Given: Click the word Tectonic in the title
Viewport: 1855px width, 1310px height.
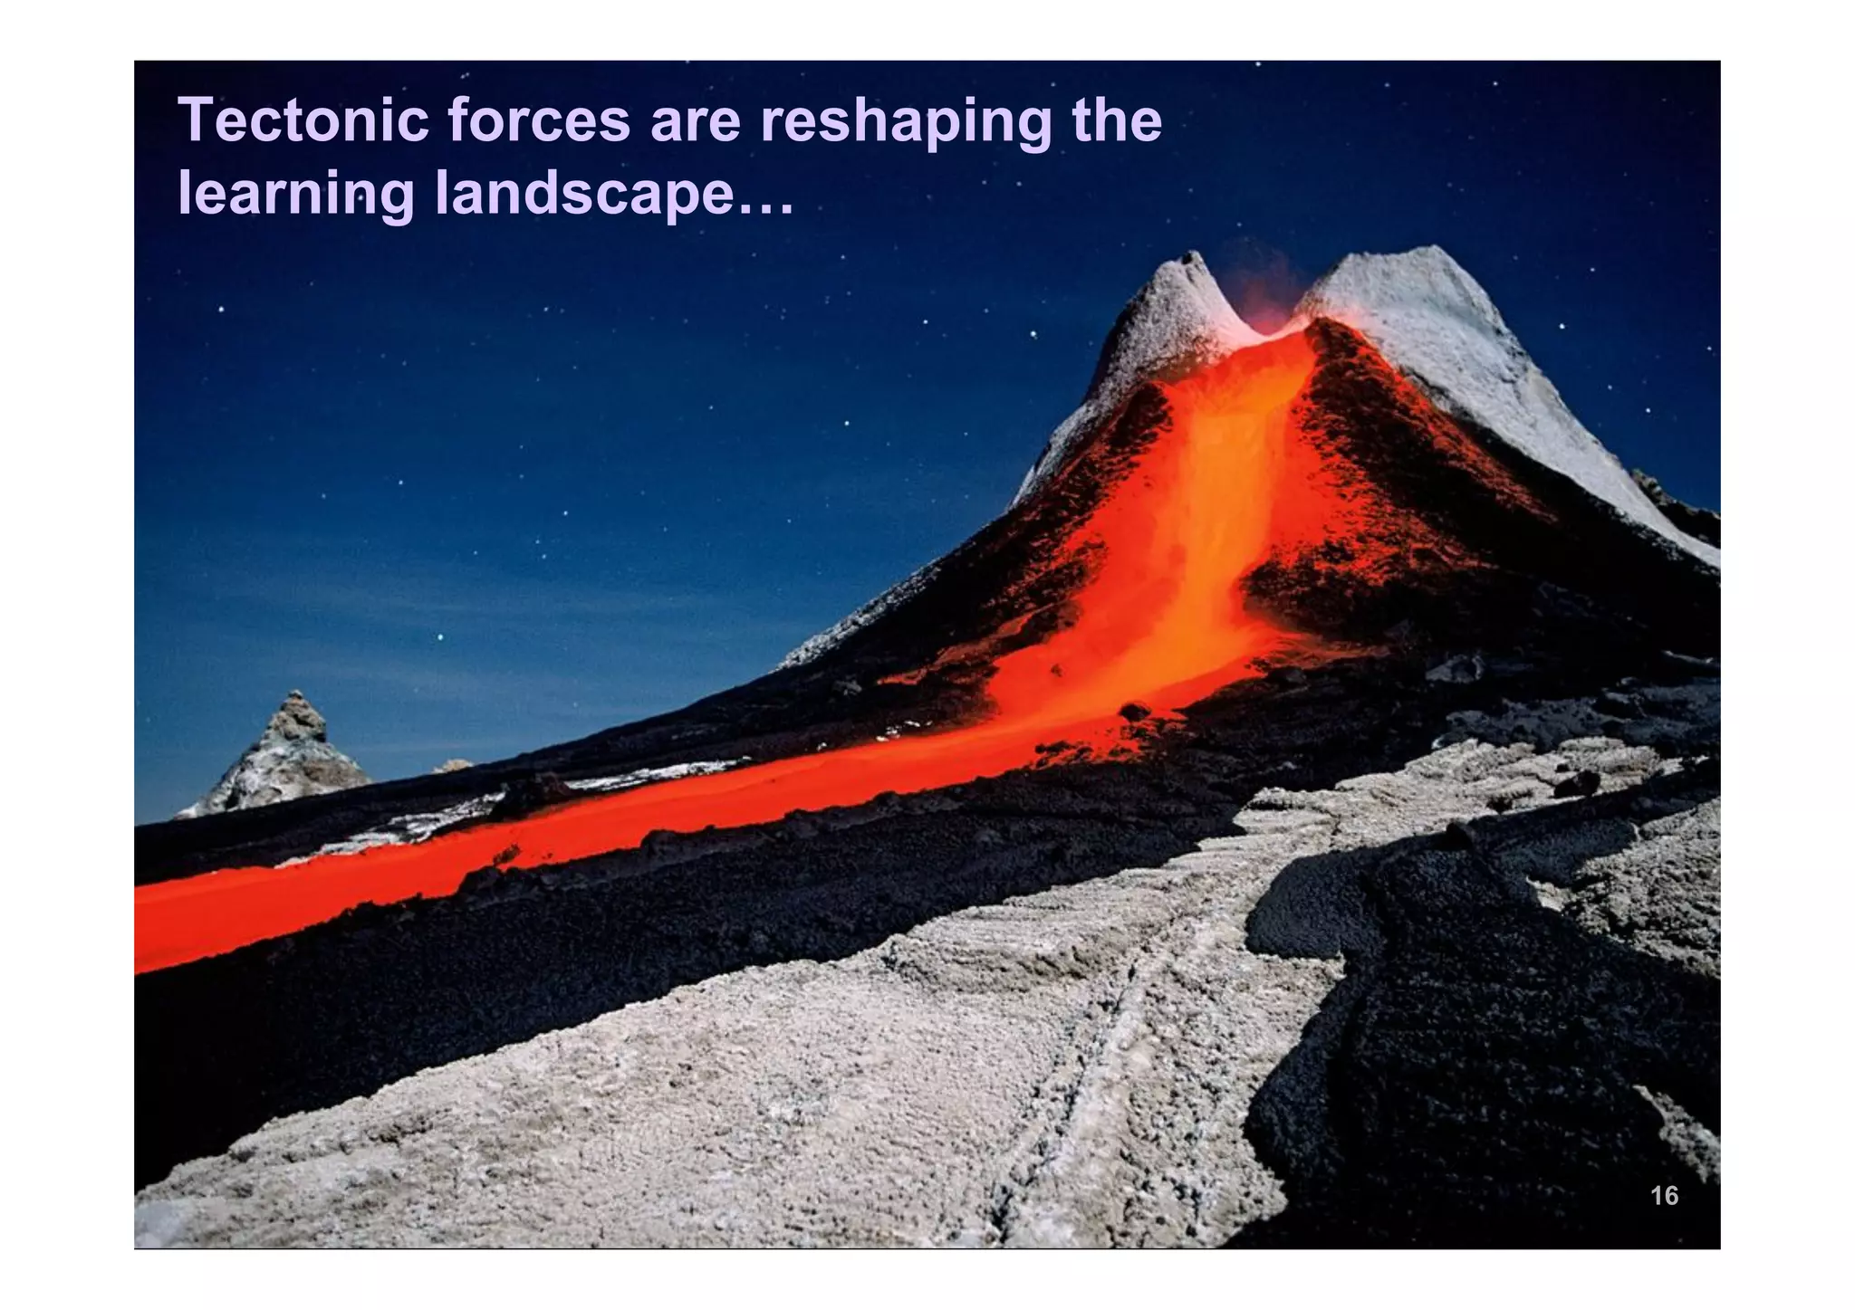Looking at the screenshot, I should click(303, 121).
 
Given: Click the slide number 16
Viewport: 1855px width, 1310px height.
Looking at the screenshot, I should click(1664, 1196).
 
